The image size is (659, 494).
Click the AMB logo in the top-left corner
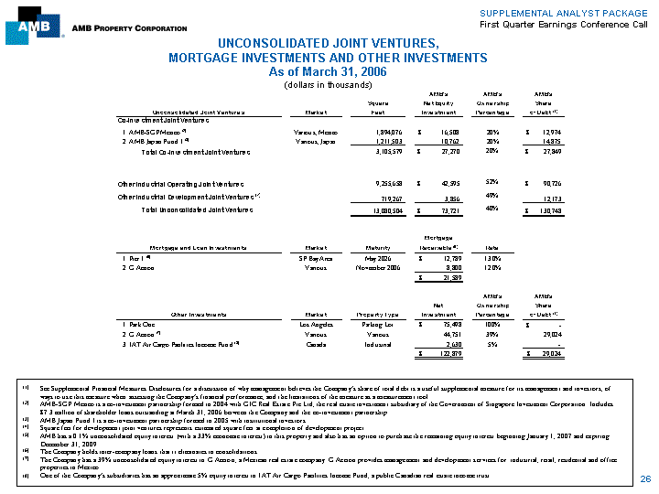(x=27, y=28)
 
